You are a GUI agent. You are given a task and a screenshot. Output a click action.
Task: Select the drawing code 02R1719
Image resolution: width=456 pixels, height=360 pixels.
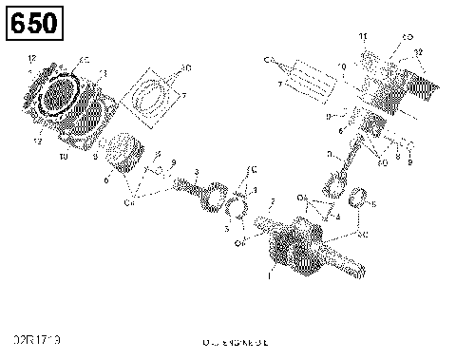34,339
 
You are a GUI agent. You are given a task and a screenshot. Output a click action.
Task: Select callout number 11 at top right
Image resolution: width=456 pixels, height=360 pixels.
362,35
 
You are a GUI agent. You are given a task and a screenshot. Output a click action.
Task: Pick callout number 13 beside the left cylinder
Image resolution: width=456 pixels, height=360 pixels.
104,73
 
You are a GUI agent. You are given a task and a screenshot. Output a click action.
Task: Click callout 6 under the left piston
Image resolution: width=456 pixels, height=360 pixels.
106,178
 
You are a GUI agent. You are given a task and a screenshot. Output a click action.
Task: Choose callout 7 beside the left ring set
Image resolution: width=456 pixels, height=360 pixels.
184,95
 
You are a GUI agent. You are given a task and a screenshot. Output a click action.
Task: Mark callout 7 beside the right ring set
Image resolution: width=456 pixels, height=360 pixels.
278,85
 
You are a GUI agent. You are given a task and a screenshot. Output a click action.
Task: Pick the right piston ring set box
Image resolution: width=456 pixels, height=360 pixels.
310,76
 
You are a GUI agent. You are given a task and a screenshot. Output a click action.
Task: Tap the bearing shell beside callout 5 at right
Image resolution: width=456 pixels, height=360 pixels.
359,199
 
